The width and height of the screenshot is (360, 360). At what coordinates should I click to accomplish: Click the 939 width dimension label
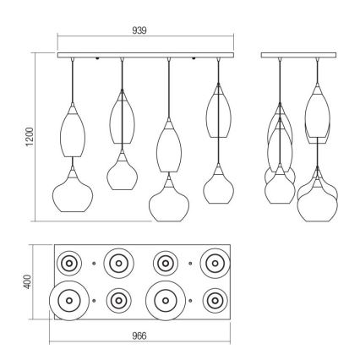(139, 30)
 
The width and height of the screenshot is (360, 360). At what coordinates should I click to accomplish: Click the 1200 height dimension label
(30, 137)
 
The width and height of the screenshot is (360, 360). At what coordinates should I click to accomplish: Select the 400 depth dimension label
(27, 281)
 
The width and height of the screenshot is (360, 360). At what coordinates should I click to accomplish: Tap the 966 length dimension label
(139, 335)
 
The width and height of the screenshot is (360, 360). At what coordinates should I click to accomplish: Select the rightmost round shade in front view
(204, 188)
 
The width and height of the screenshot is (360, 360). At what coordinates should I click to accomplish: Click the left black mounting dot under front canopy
(97, 58)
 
